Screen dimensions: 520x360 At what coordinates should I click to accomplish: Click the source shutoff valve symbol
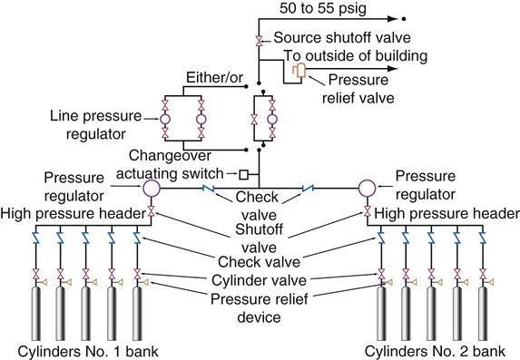coord(259,41)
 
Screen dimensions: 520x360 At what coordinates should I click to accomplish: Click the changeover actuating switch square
coord(244,174)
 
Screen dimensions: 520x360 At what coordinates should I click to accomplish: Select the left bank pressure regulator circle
coord(152,188)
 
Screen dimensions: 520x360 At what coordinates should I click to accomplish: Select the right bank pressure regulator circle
coord(367,188)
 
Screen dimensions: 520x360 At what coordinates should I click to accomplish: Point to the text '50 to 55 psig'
coord(323,8)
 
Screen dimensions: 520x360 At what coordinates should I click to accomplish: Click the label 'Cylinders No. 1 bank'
coord(88,351)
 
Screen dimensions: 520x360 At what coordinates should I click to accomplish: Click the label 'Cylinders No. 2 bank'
coord(435,351)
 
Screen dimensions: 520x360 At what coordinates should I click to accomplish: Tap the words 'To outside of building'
coord(356,55)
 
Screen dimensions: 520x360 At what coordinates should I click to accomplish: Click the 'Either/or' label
coord(214,78)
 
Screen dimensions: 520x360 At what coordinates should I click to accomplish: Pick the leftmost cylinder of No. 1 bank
coord(36,314)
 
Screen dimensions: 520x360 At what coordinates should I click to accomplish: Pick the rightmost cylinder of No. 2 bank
coord(483,314)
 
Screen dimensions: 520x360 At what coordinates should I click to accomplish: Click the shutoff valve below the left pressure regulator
coord(152,210)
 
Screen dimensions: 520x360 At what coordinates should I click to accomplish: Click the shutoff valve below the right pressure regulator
coord(368,210)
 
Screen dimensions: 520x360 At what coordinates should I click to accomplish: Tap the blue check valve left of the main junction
coord(208,189)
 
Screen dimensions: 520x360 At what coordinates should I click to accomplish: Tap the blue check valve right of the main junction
coord(308,189)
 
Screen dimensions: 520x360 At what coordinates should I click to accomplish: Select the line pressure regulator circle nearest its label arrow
coord(165,119)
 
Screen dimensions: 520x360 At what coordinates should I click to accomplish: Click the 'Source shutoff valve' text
coord(342,37)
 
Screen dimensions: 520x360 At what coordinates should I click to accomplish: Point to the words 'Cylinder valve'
coord(259,280)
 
